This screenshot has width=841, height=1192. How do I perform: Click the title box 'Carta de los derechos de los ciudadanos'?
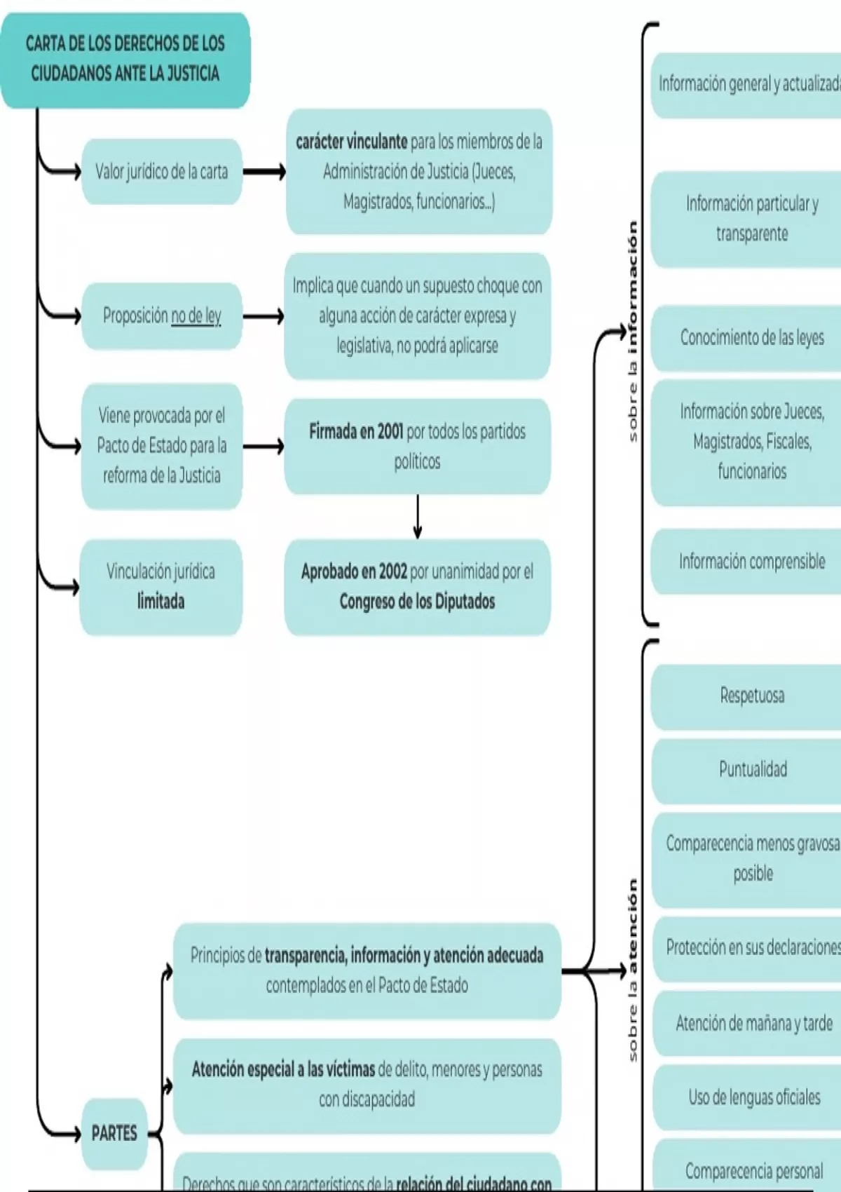(125, 59)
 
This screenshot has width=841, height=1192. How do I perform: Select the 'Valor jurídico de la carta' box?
(161, 172)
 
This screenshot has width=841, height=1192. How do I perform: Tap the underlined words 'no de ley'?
(196, 316)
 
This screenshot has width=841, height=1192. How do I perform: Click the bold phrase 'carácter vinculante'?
(351, 142)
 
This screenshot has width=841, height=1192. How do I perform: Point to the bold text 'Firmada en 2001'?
(356, 431)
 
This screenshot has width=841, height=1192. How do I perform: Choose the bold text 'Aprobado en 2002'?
(354, 571)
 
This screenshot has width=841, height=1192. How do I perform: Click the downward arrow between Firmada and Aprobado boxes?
(418, 517)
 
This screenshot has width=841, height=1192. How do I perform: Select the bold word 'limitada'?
(161, 602)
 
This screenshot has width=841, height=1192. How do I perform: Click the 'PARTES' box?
(114, 1133)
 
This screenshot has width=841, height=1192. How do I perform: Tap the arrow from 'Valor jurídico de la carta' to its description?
(264, 172)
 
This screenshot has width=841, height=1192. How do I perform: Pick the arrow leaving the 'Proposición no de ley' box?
(264, 317)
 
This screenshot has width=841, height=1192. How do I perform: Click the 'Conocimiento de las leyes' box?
(751, 338)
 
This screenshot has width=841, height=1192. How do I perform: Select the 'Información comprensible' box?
(751, 562)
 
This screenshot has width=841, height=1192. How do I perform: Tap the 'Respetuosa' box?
(752, 696)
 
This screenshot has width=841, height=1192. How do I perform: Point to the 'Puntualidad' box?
(753, 769)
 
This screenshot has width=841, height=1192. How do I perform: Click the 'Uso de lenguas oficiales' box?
(753, 1097)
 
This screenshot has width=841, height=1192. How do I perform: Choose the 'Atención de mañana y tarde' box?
(753, 1024)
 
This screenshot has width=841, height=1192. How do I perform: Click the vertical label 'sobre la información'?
(633, 332)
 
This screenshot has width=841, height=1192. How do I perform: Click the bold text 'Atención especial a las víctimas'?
(283, 1070)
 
